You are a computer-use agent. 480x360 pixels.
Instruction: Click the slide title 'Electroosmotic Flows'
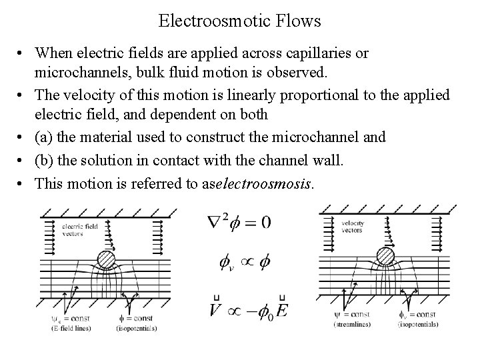[x=240, y=21]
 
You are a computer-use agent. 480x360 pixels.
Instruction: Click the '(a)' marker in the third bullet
[x=45, y=137]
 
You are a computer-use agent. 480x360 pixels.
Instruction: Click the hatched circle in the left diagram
[x=107, y=259]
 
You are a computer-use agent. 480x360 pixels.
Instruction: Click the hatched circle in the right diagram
[x=387, y=257]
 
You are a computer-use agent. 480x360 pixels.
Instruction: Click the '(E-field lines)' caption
[x=71, y=327]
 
